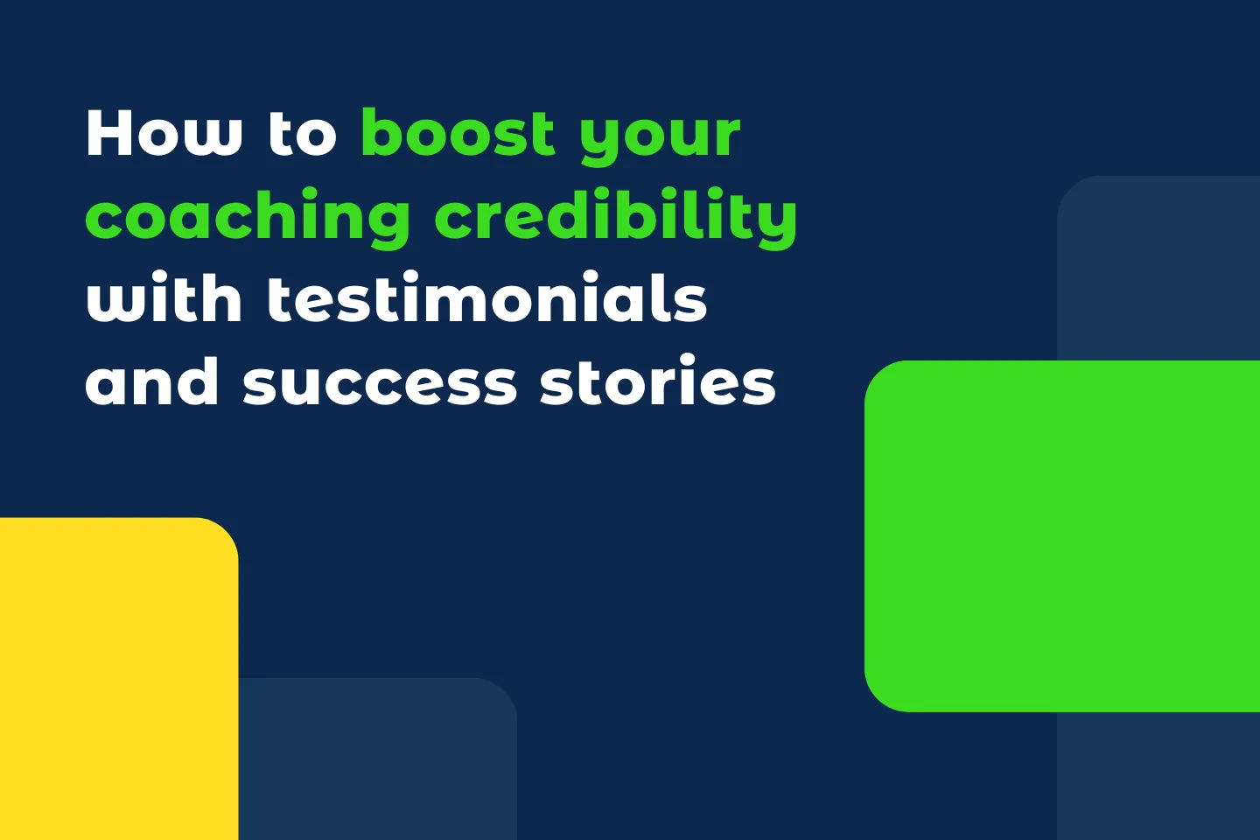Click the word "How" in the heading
pos(164,134)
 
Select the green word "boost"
pos(458,134)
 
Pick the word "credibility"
pos(615,217)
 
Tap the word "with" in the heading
pos(164,300)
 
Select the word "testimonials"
pos(486,300)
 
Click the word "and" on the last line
pos(152,383)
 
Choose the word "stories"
pos(657,383)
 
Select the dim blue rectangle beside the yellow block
pos(376,761)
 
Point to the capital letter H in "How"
pos(108,134)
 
